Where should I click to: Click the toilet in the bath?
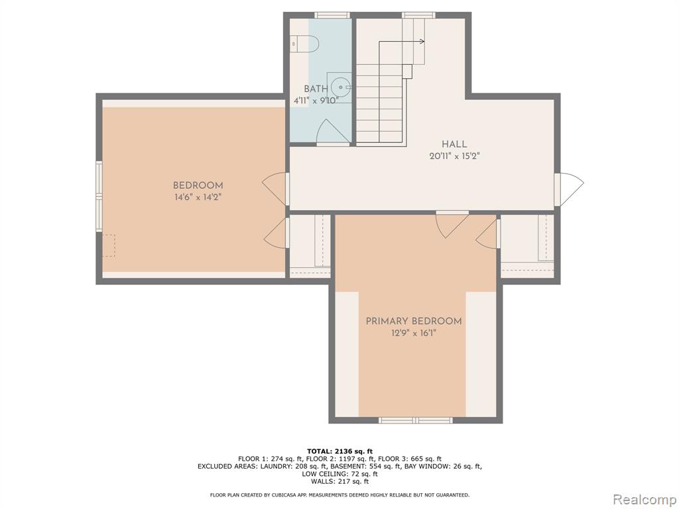coord(306,44)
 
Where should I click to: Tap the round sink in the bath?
coord(341,87)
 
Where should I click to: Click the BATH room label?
coord(316,89)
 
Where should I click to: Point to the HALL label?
coord(454,144)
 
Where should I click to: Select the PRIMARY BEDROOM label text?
coord(414,321)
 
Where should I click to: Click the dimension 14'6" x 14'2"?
coord(198,198)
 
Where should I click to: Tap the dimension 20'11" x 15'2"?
coord(455,156)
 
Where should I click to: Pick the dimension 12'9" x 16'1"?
coord(414,333)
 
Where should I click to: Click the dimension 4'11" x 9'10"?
coord(316,101)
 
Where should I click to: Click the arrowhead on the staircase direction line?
coord(422,42)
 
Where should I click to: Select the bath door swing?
coord(333,131)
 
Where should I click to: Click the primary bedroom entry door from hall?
coord(452,224)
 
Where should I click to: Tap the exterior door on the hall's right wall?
coord(569,190)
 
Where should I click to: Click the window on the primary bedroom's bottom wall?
coord(415,420)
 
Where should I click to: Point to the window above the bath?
coord(332,15)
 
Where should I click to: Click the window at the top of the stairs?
coord(418,15)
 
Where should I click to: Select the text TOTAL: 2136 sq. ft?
coord(339,451)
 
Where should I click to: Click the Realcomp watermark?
coord(644,499)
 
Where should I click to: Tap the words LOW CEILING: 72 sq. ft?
coord(339,473)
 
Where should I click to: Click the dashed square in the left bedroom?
coord(109,245)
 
